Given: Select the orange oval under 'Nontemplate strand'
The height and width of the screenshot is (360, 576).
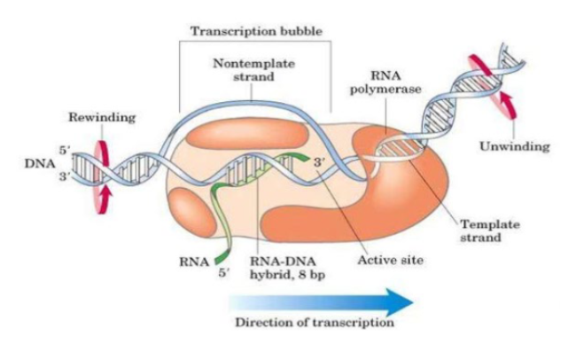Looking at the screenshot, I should (x=266, y=131).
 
